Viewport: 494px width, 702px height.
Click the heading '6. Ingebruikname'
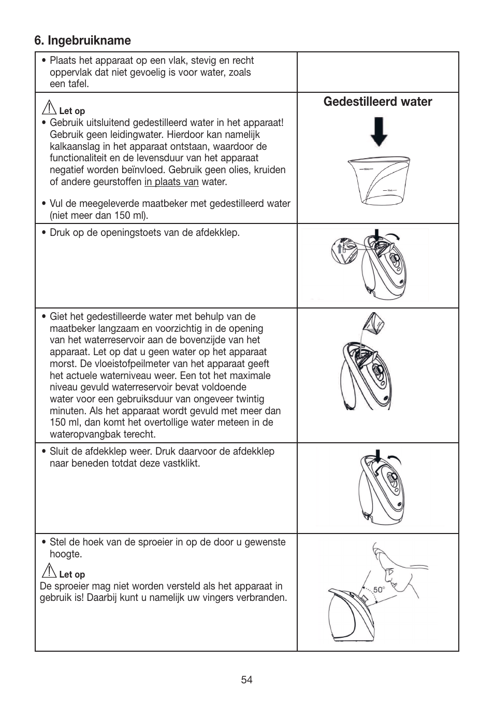(x=82, y=40)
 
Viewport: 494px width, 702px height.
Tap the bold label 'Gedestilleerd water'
(x=377, y=102)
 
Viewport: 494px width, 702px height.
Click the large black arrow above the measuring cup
(x=379, y=132)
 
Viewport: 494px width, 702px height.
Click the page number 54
(x=246, y=680)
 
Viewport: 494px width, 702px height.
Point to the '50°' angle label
(x=379, y=590)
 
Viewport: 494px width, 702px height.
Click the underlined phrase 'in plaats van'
(x=171, y=182)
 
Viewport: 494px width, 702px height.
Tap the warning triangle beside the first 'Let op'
(x=50, y=108)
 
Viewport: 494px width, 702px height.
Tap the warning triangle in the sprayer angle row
(x=50, y=571)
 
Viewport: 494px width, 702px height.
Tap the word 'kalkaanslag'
(x=75, y=147)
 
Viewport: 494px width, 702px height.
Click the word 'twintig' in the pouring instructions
(x=248, y=399)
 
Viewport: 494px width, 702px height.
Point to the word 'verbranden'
(x=263, y=598)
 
